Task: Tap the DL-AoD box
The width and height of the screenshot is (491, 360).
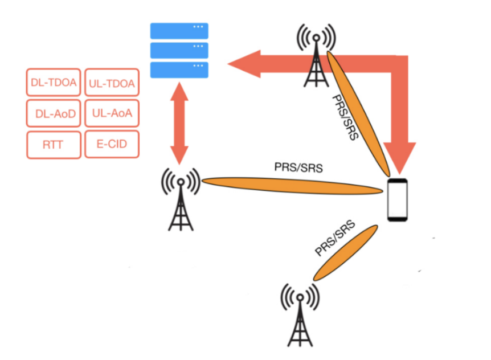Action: pyautogui.click(x=54, y=113)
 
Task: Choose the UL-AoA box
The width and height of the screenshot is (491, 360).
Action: pyautogui.click(x=112, y=113)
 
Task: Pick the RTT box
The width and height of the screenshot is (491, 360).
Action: pyautogui.click(x=54, y=145)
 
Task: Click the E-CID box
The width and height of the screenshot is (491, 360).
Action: pyautogui.click(x=112, y=144)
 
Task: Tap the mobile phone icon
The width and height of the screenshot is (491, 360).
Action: pyautogui.click(x=398, y=200)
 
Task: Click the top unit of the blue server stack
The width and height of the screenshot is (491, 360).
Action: pyautogui.click(x=179, y=31)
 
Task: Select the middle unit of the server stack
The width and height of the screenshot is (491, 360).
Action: pyautogui.click(x=179, y=50)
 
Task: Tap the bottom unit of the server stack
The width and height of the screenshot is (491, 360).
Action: pyautogui.click(x=179, y=69)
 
